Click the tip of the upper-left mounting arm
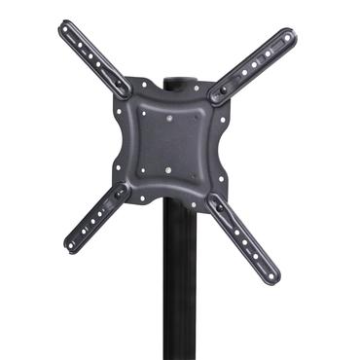click(x=66, y=25)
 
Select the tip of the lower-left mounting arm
click(x=71, y=246)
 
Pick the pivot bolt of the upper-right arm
click(x=221, y=94)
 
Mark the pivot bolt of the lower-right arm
click(x=216, y=206)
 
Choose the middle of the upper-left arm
click(x=95, y=56)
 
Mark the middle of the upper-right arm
click(x=255, y=65)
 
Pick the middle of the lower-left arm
click(x=94, y=220)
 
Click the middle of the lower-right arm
click(x=244, y=241)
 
